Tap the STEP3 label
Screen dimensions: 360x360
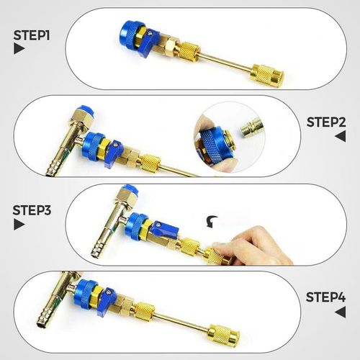click(x=30, y=210)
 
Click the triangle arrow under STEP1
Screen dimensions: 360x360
click(x=18, y=50)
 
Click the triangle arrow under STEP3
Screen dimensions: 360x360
click(x=18, y=225)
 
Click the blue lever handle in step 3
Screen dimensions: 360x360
click(x=163, y=233)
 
